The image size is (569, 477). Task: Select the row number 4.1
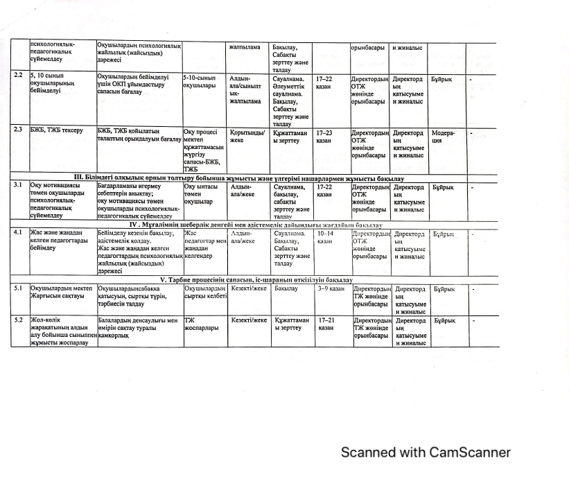pos(18,234)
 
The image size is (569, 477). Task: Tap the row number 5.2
pos(19,321)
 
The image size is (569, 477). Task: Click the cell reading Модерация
pos(444,136)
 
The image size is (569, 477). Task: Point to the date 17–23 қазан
pos(324,136)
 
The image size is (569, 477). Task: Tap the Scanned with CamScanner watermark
pos(426,453)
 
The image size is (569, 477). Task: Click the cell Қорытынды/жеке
pos(247,135)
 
